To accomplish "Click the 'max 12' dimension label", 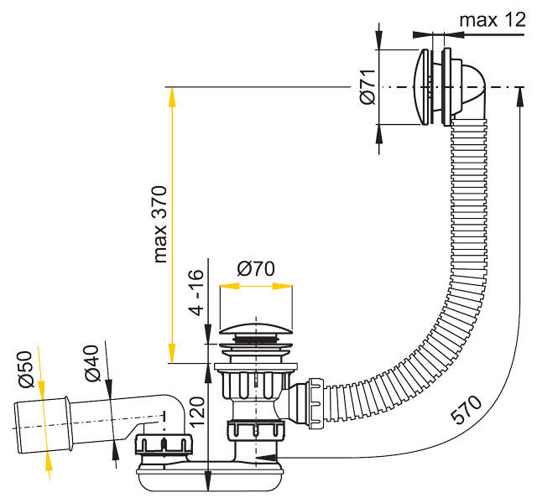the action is point(493,20).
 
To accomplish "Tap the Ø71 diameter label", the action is point(368,86).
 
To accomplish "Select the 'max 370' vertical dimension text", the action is point(160,224).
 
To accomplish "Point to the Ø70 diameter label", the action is point(256,268).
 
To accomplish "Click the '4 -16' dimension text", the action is point(196,293).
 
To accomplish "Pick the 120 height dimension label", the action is point(197,411).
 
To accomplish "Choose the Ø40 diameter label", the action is point(92,363).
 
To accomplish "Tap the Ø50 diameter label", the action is point(26,369).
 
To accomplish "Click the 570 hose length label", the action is point(467,409).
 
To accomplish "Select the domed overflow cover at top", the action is point(421,87).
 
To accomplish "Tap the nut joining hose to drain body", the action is point(315,403).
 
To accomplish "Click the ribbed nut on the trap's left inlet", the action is point(164,444).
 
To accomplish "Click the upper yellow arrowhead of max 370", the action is point(172,97).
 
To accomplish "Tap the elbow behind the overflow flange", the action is point(471,90).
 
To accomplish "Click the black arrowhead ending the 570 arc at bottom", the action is point(266,458).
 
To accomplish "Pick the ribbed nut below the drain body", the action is point(255,430).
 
